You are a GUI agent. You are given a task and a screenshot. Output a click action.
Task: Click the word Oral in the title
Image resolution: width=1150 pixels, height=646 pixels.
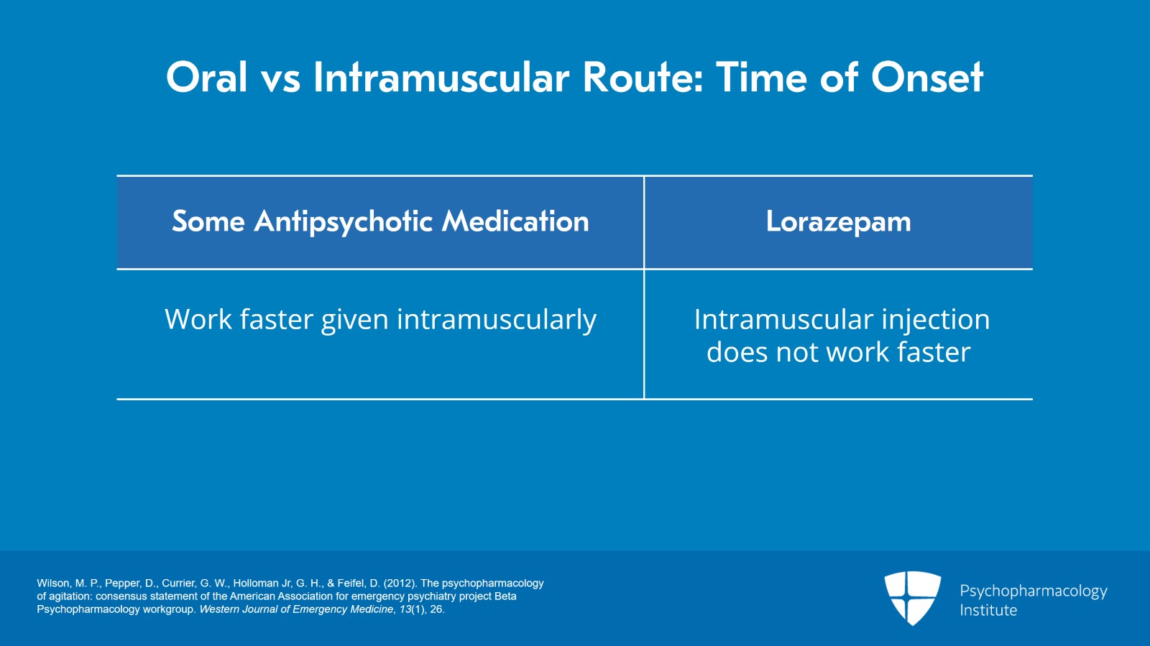[206, 78]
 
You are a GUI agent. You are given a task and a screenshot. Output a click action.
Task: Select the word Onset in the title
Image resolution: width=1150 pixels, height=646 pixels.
[927, 78]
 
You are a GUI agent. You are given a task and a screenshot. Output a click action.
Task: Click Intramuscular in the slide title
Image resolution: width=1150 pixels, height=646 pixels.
[441, 78]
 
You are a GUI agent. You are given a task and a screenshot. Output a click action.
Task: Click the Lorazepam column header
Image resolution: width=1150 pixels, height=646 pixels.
[838, 222]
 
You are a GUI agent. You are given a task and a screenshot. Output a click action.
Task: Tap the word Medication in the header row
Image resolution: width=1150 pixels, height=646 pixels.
[515, 221]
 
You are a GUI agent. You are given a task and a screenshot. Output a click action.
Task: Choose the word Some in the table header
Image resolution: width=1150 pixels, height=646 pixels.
[208, 221]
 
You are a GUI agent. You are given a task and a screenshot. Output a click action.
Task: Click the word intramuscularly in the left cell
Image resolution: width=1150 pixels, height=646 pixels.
[497, 320]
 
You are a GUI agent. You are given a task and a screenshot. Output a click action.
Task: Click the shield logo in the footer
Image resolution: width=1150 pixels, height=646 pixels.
[912, 599]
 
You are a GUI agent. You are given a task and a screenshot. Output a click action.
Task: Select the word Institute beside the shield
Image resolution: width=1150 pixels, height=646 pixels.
[988, 610]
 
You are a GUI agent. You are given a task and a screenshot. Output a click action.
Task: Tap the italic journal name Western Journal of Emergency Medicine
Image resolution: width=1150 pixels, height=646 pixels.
[296, 609]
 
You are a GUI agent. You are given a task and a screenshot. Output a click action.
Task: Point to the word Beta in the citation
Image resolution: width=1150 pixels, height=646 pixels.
[505, 596]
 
